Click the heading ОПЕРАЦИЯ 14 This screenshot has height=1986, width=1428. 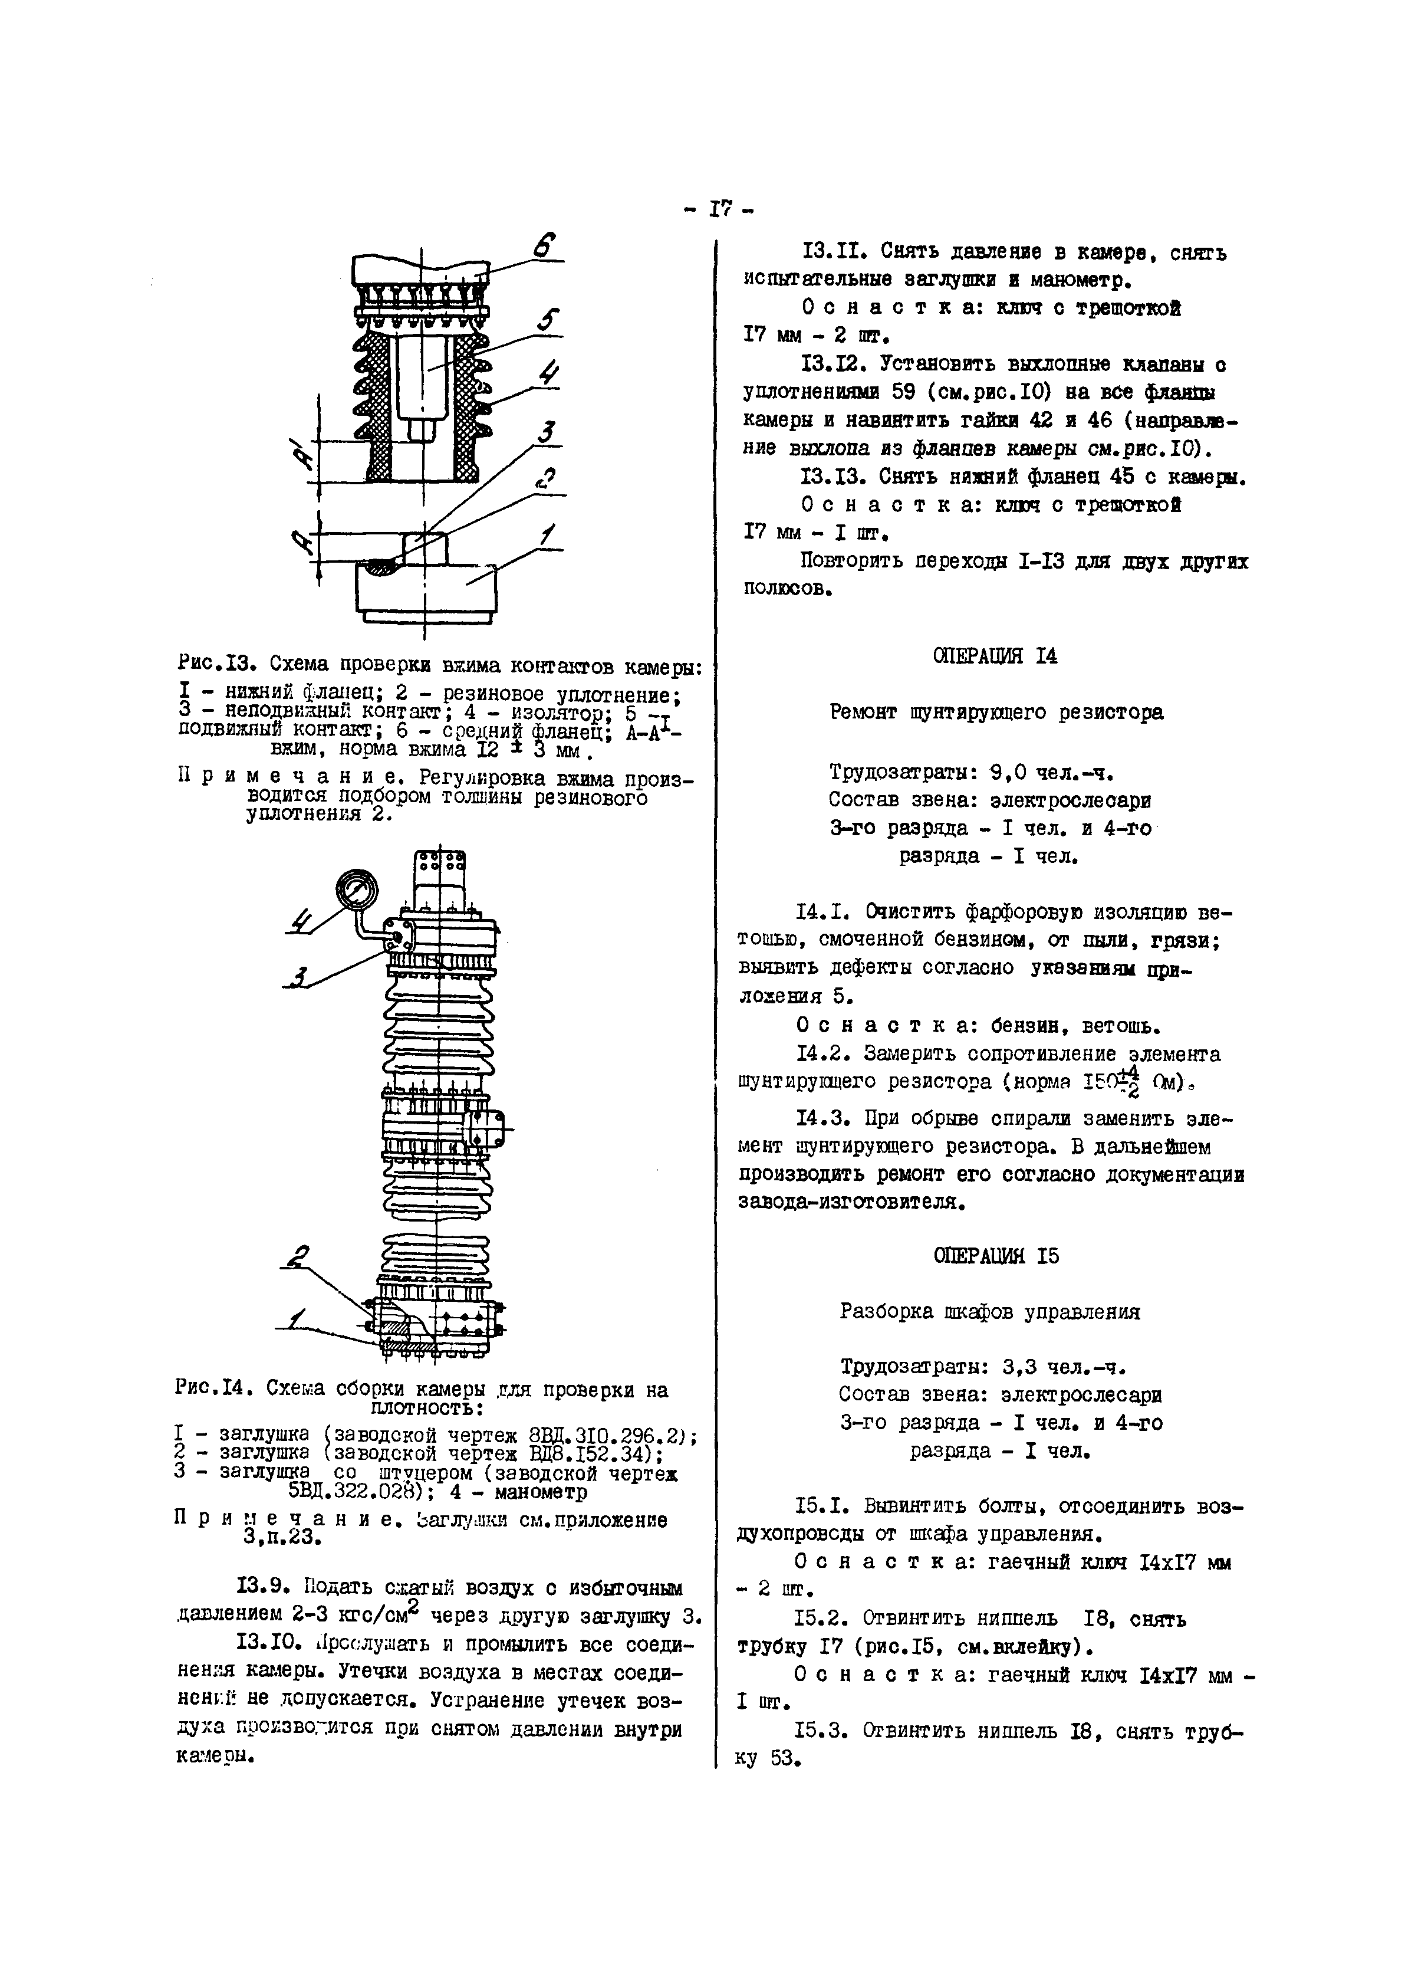point(995,656)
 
